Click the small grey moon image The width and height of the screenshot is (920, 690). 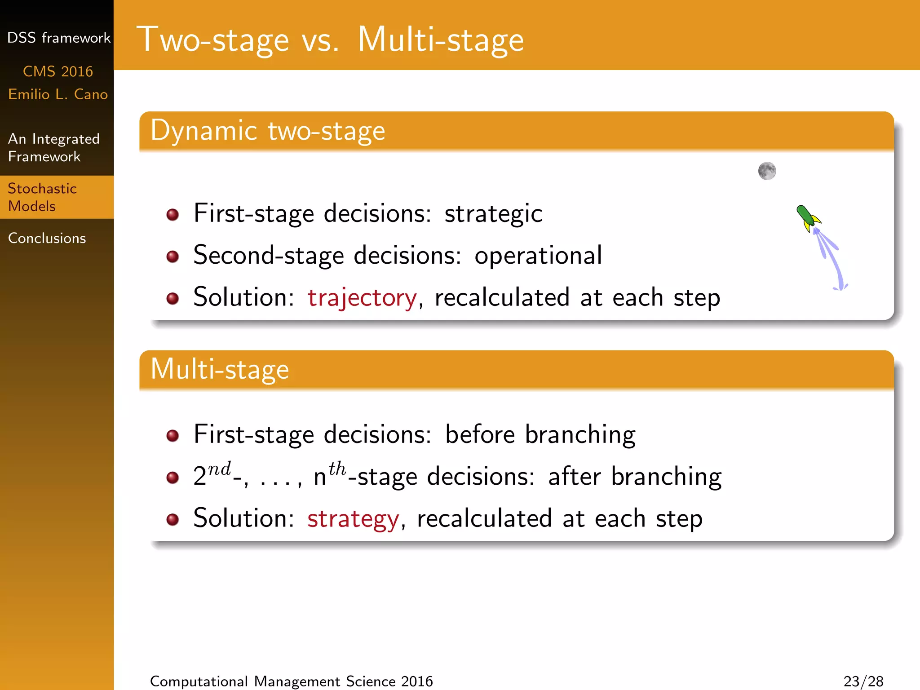point(767,171)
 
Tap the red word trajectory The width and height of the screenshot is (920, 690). point(362,298)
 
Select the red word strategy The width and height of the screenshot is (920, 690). point(353,519)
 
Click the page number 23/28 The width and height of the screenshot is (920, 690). point(863,681)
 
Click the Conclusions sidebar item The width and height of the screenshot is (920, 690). point(47,238)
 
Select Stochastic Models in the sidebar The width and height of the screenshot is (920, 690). point(42,197)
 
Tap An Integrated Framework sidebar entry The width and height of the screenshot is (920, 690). point(53,148)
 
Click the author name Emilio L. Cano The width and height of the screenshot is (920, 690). point(58,94)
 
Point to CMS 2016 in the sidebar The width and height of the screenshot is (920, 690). point(58,71)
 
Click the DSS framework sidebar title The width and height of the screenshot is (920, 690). point(58,38)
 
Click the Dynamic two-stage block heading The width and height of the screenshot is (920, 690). point(268,131)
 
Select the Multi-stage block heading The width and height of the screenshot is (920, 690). point(220,369)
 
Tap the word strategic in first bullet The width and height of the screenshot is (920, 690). point(493,213)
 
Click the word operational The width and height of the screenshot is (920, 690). point(538,256)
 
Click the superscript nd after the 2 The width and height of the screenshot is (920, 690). point(219,469)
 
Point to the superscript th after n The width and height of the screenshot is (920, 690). point(337,469)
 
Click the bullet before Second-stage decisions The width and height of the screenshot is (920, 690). point(172,257)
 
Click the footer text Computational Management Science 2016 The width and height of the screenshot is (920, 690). point(291,681)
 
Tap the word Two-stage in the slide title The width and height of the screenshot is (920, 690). point(212,40)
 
